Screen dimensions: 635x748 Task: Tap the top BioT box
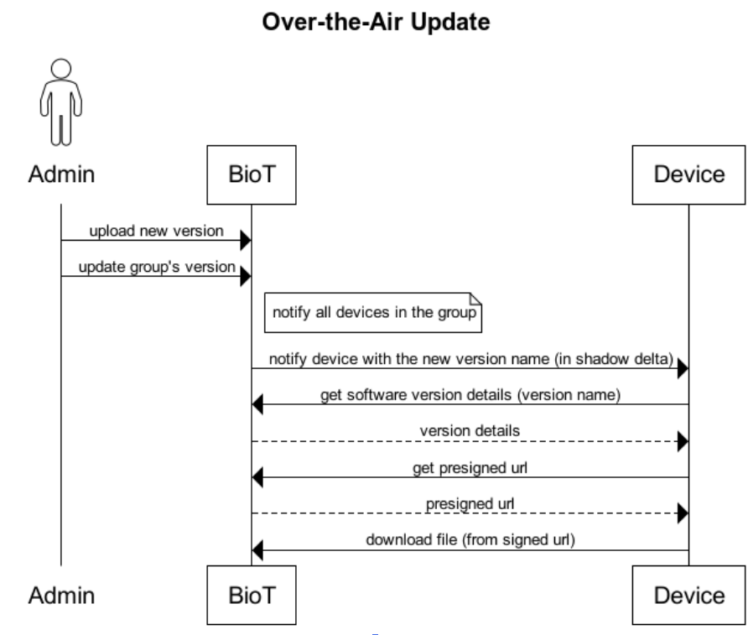251,175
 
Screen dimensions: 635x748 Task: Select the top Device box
688,175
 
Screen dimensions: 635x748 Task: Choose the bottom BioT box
251,596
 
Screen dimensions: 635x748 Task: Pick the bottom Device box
688,596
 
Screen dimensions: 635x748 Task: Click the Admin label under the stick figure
60,175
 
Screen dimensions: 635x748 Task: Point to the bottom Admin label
60,596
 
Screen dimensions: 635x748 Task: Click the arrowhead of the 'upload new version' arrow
245,242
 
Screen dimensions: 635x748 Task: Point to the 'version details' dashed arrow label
469,431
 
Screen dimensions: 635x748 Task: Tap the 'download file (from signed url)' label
469,540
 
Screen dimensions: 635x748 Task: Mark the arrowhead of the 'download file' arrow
258,551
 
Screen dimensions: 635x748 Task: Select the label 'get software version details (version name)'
470,395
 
